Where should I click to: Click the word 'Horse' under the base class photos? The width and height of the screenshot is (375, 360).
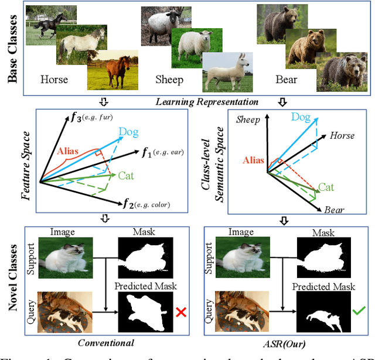point(54,79)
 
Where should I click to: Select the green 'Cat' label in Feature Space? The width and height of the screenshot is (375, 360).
point(126,175)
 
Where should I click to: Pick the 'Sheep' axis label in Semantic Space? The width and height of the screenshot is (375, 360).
point(248,120)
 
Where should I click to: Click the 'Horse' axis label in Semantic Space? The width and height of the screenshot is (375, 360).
point(342,136)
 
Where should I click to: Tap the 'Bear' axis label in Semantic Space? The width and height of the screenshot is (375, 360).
point(334,210)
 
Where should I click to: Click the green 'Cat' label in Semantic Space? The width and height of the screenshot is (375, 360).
point(327,187)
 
